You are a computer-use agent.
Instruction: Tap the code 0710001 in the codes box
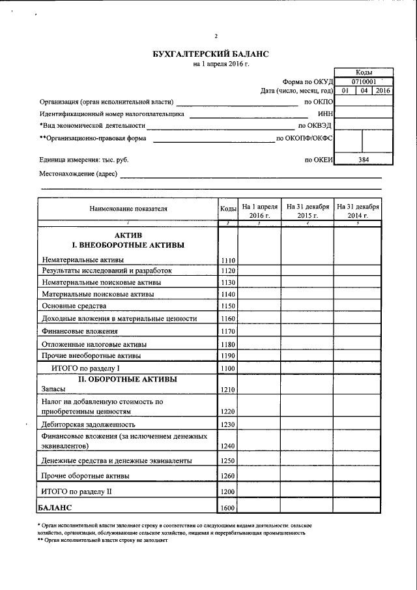(x=363, y=81)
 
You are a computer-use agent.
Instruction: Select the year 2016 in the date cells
(x=382, y=91)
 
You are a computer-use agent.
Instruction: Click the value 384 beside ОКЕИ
(x=363, y=158)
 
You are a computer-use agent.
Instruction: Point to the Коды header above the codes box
(x=364, y=72)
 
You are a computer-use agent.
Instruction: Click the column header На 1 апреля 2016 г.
(x=259, y=210)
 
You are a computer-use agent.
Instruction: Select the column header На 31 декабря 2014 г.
(x=358, y=210)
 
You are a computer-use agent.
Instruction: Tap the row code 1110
(x=227, y=260)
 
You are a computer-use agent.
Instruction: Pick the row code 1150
(x=227, y=306)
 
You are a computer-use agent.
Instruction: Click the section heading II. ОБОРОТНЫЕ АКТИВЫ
(x=128, y=379)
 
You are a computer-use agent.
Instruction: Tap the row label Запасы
(x=53, y=389)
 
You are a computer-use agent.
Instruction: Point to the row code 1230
(x=227, y=424)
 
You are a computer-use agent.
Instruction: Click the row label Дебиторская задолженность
(x=85, y=424)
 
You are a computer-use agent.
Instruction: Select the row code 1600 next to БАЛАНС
(x=227, y=508)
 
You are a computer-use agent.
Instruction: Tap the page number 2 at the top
(x=216, y=36)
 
